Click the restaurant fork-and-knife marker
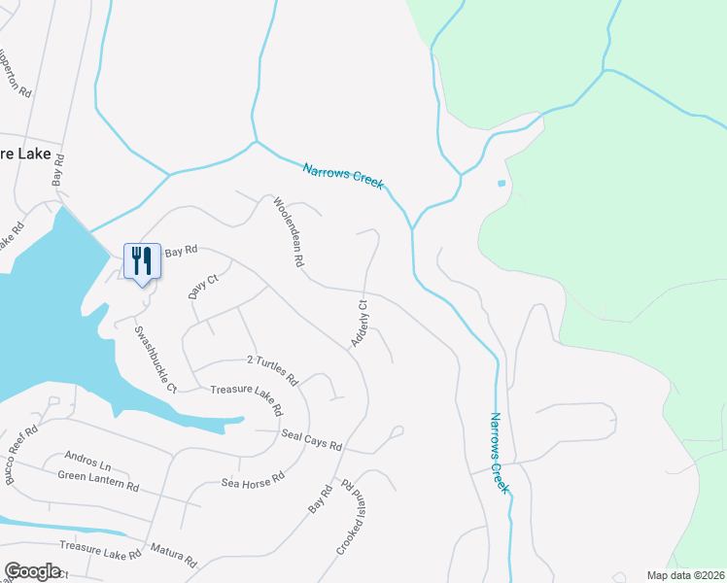[142, 260]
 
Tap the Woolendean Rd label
[290, 233]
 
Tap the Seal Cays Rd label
[311, 439]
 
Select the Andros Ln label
[88, 457]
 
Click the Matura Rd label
[173, 555]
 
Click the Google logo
[32, 571]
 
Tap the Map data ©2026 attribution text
[685, 575]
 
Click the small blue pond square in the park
[502, 183]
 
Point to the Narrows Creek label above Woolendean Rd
[342, 175]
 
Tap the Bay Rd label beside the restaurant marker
[181, 251]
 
